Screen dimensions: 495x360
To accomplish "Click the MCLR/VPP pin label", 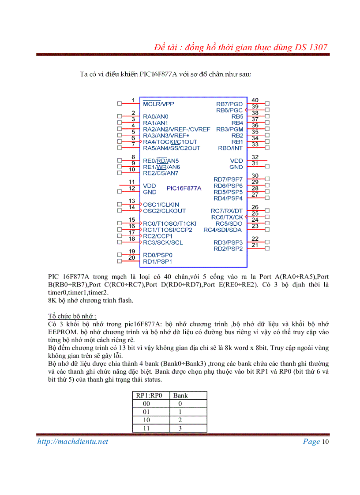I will click(158, 104).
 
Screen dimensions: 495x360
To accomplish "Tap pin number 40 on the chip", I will click(255, 100).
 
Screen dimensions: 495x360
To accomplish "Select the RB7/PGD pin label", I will click(229, 104).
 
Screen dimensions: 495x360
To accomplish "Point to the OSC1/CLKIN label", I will click(161, 205).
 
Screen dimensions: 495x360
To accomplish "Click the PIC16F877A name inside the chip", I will click(184, 188).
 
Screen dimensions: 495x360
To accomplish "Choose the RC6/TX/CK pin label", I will click(227, 217).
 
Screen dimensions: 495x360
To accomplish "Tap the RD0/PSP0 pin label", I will click(157, 255).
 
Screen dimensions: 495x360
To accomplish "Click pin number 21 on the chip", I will click(255, 245).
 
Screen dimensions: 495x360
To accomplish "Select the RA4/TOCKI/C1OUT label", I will click(170, 142).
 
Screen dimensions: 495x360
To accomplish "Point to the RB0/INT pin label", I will click(230, 148).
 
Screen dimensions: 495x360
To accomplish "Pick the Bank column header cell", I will click(180, 395).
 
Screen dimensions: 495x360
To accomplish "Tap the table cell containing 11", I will click(146, 428).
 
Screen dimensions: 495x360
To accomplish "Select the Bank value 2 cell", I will click(180, 420).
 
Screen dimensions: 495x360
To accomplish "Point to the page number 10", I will click(326, 442).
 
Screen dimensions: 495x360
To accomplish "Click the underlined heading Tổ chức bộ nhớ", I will click(72, 316).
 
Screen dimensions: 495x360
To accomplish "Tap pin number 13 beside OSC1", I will click(131, 201).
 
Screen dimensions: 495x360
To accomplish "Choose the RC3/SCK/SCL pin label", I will click(162, 242).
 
